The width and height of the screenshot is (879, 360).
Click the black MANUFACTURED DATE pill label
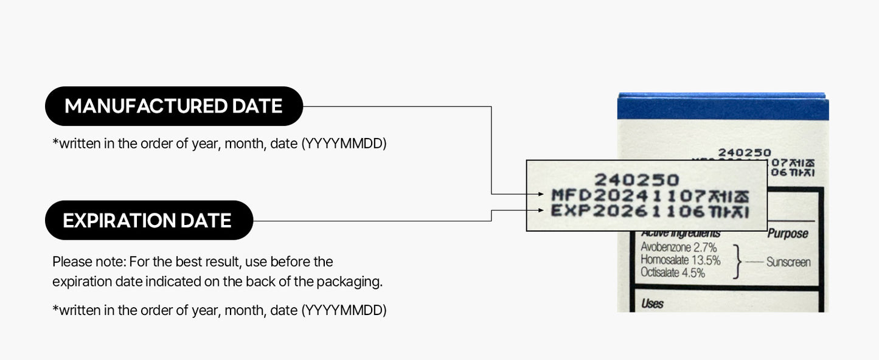coord(173,106)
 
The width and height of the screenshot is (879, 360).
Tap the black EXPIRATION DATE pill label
coord(148,220)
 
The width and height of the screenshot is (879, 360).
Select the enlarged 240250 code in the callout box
coord(636,179)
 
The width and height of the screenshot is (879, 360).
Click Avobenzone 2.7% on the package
coord(678,248)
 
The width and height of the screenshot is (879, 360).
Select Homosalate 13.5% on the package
coord(680,260)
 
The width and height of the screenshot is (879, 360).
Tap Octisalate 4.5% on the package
coord(672,273)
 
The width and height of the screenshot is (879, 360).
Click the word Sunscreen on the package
coord(788,263)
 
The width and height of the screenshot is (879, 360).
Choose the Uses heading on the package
coord(652,303)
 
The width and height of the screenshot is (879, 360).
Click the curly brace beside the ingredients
coord(738,261)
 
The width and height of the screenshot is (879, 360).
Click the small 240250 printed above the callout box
coord(744,153)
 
